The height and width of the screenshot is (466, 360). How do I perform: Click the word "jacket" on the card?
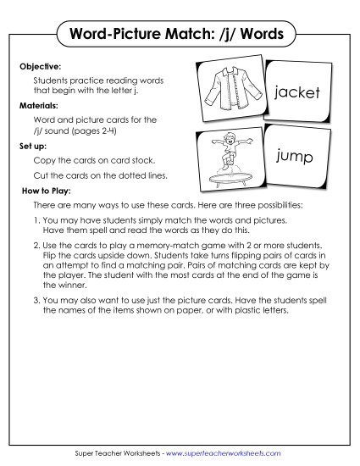296,92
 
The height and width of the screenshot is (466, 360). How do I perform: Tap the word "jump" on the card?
295,158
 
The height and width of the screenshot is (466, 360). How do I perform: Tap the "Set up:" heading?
32,146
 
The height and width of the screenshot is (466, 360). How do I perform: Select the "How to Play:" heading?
42,191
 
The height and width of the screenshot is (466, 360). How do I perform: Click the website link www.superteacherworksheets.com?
225,453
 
